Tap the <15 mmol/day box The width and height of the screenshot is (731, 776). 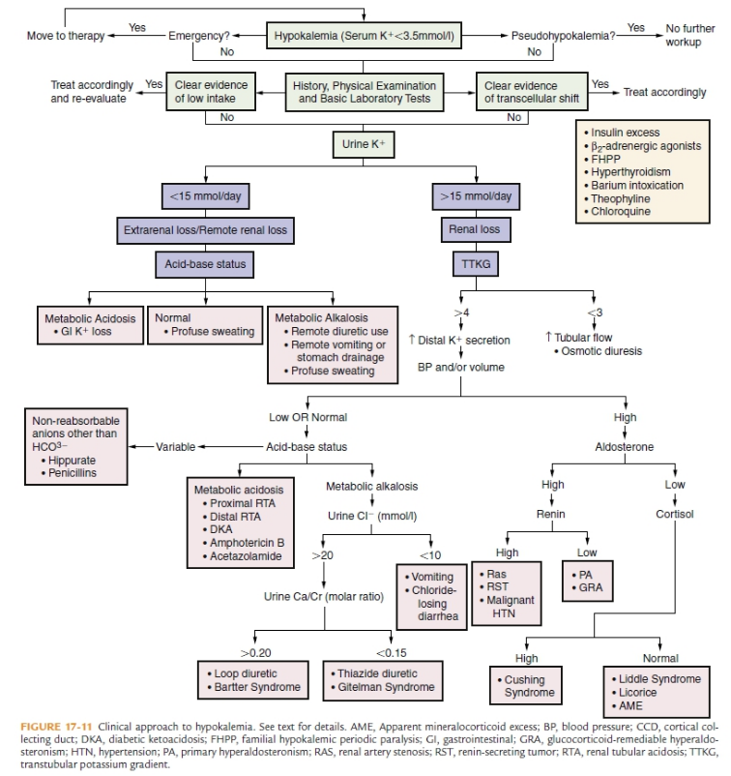(204, 196)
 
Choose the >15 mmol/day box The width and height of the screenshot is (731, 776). (476, 196)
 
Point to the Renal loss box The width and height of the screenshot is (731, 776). (475, 229)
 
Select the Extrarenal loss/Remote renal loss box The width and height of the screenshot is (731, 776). (205, 229)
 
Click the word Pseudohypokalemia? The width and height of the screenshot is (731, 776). (564, 36)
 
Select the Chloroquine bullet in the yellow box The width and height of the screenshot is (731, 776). (624, 211)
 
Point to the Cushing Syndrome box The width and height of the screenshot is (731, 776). (528, 686)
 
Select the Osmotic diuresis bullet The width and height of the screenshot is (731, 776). (601, 350)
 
